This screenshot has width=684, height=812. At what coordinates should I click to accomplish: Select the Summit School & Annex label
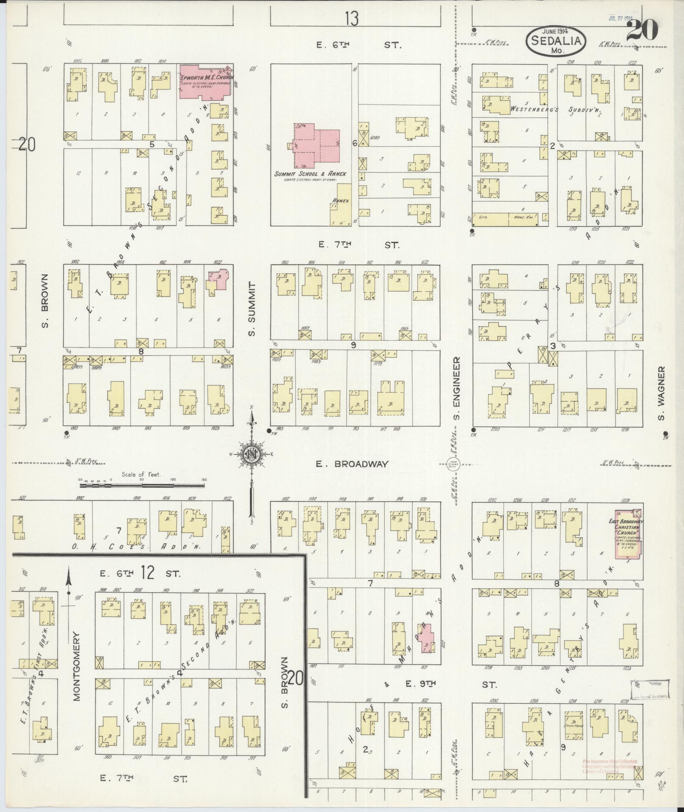[x=310, y=174]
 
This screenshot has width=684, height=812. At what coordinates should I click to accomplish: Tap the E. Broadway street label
[x=352, y=464]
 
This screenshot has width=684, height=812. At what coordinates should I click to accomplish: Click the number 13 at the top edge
[x=351, y=19]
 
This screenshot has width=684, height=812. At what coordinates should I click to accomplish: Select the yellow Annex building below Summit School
[x=340, y=206]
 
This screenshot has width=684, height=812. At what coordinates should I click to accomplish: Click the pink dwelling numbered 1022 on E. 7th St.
[x=218, y=280]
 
